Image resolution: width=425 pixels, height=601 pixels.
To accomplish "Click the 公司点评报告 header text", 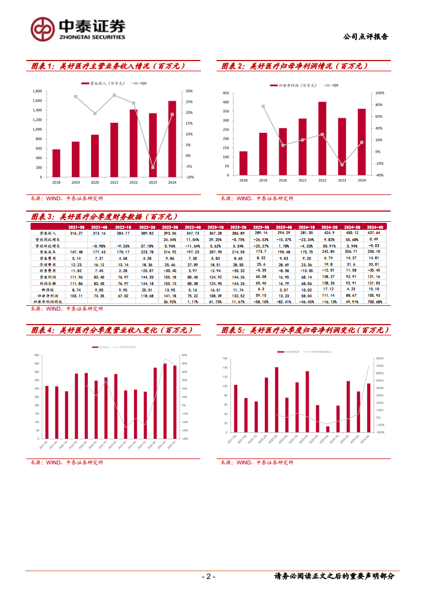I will [365, 37].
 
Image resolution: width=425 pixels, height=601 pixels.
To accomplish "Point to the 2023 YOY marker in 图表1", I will [153, 167].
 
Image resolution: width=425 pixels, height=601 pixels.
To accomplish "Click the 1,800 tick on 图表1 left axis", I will [37, 91].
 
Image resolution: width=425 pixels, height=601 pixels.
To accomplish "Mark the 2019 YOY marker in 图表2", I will [263, 106].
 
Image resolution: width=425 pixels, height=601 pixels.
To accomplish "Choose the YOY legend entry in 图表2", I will [333, 85].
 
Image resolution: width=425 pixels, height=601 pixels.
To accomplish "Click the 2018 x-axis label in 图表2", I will [243, 180].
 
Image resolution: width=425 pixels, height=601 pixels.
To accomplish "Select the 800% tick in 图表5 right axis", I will [379, 358].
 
